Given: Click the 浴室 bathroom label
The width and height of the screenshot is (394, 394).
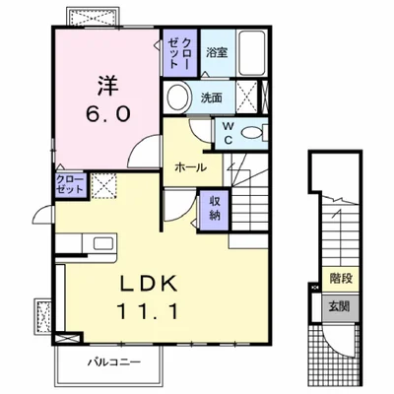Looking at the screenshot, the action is (x=217, y=52).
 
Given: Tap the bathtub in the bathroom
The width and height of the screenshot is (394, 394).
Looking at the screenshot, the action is (x=252, y=53).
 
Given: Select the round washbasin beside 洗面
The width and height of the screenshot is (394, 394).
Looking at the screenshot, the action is (x=178, y=98).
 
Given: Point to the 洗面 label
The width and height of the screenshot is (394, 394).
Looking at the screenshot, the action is (x=211, y=98).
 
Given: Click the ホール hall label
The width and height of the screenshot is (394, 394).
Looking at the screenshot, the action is (x=191, y=167).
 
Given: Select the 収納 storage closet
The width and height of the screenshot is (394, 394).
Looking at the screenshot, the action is (x=215, y=210).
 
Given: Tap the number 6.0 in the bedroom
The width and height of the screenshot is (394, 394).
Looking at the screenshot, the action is (x=108, y=114).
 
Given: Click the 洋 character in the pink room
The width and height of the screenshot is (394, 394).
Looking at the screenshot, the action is (x=107, y=86).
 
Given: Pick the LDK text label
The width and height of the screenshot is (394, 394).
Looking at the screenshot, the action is (x=149, y=283).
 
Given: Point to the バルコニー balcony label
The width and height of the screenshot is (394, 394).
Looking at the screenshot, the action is (x=114, y=362).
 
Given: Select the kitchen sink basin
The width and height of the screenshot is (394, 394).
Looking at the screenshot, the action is (x=103, y=243).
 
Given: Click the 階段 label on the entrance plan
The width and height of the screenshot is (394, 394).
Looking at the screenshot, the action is (x=342, y=279).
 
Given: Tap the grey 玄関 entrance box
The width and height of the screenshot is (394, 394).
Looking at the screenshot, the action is (x=340, y=306).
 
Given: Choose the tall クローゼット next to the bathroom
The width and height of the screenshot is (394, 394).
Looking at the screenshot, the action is (x=179, y=53).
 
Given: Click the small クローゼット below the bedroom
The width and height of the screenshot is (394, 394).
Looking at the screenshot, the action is (x=71, y=185).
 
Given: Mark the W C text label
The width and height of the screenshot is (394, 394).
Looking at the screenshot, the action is (x=228, y=133).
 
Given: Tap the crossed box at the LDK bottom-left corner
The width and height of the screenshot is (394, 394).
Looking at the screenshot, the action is (x=68, y=338).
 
